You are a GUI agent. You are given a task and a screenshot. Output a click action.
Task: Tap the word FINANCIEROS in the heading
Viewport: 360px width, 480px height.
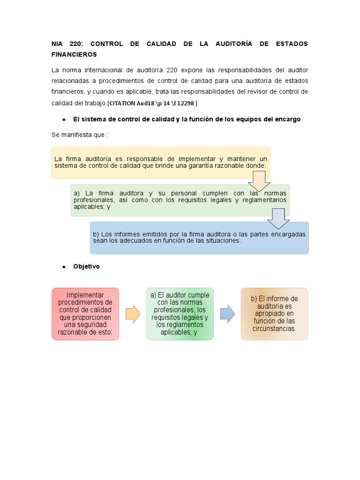(x=74, y=54)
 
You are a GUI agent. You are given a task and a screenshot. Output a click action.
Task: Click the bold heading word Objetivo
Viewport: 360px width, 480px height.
(x=86, y=266)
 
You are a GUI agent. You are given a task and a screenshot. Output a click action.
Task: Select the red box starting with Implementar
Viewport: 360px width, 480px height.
(x=85, y=314)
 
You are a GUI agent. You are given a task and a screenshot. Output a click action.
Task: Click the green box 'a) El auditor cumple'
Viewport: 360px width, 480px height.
(x=180, y=314)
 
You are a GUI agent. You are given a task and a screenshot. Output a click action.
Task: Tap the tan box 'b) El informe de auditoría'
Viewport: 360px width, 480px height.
(x=275, y=314)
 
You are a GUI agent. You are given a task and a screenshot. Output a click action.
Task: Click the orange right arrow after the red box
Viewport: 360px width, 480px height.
(x=133, y=314)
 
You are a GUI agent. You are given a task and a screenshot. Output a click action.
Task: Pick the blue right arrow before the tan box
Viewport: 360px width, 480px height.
(x=227, y=314)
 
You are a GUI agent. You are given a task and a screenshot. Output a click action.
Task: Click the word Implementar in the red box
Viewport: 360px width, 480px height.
(x=85, y=295)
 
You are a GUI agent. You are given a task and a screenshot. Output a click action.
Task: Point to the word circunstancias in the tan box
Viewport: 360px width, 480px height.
(x=275, y=329)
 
